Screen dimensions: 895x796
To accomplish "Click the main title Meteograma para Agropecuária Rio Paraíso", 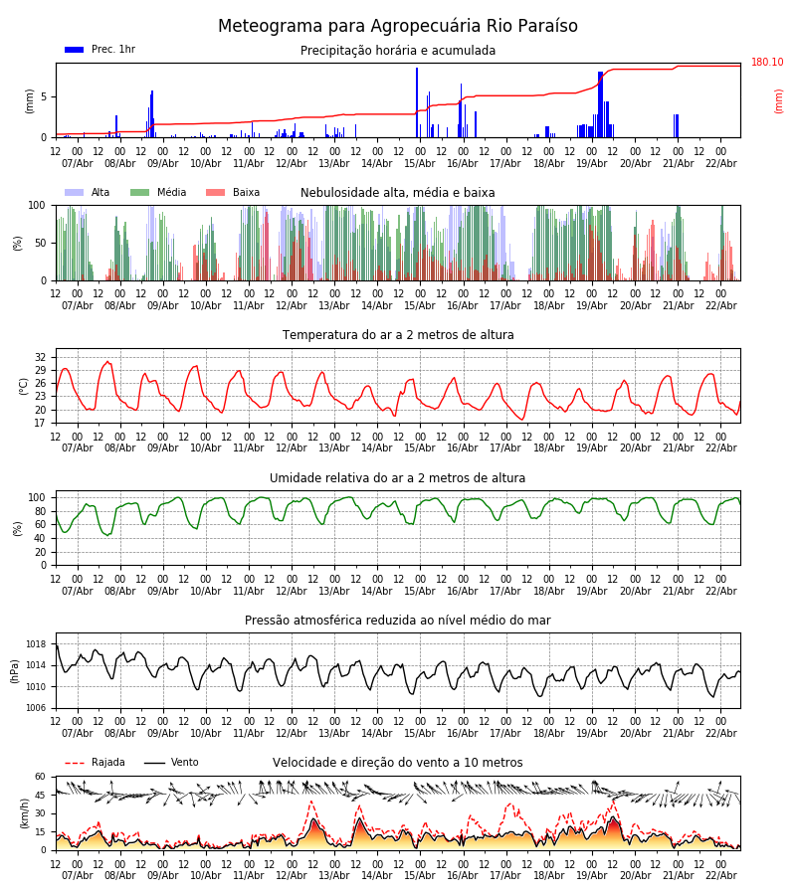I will (x=398, y=27).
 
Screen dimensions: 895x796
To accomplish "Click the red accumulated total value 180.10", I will (x=766, y=63).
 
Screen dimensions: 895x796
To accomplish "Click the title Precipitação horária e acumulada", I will (x=398, y=51).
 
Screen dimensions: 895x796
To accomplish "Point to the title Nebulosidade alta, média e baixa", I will (x=398, y=193).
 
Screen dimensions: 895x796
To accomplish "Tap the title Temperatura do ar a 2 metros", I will (x=398, y=335).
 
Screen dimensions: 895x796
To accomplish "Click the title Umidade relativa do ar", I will (x=398, y=478).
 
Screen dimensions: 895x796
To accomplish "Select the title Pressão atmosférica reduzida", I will (x=398, y=621).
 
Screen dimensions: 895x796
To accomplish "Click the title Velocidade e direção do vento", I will (x=398, y=763).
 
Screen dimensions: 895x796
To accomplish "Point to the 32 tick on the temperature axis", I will (x=41, y=357).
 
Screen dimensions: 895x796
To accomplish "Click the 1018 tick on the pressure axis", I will (x=37, y=644).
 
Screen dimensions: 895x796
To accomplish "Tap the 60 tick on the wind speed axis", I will (x=41, y=777).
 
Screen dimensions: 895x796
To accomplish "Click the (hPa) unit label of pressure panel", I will (x=16, y=670).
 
